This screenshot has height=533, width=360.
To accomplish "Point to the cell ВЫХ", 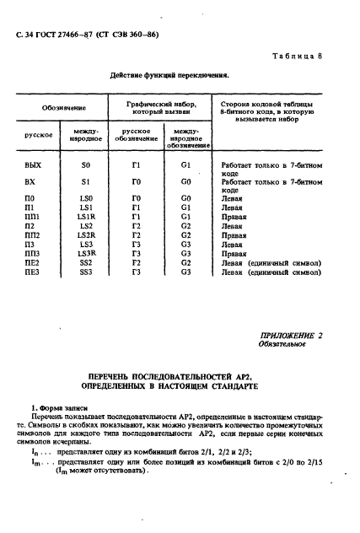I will [x=34, y=165].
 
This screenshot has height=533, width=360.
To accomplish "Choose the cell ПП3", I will [x=34, y=254].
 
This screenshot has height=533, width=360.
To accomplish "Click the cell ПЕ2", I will [x=34, y=263].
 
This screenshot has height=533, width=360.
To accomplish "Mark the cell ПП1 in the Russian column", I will [x=34, y=216].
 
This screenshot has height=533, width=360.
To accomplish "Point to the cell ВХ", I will [x=33, y=180].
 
